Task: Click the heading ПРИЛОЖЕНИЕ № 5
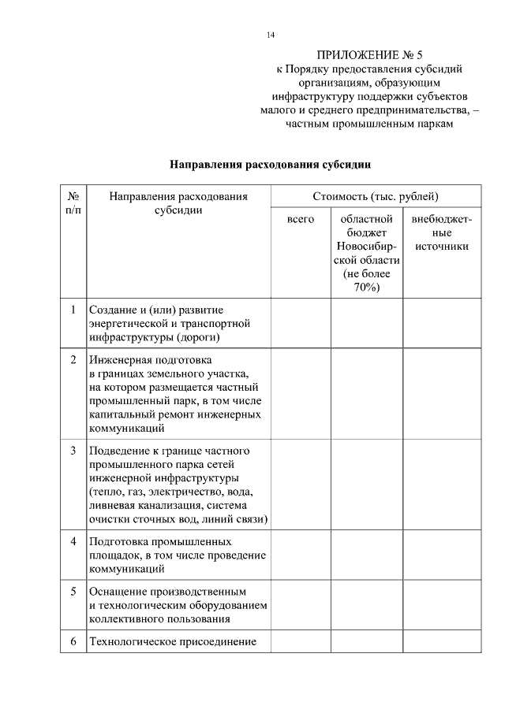pyautogui.click(x=369, y=55)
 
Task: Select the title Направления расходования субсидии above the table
pyautogui.click(x=270, y=165)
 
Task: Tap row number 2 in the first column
pyautogui.click(x=73, y=359)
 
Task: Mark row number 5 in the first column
pyautogui.click(x=73, y=591)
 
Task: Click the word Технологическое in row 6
pyautogui.click(x=129, y=641)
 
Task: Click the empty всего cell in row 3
pyautogui.click(x=300, y=485)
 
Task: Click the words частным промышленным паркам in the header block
pyautogui.click(x=369, y=124)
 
